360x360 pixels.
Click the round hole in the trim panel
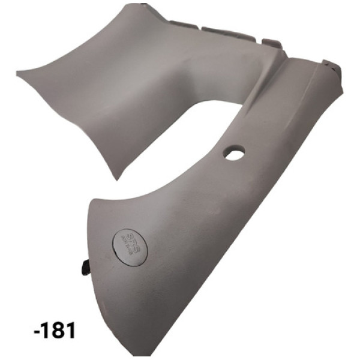point(234,154)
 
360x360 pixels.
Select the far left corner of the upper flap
point(17,73)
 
